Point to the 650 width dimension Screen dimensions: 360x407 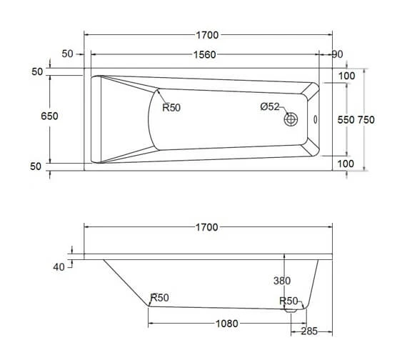click(x=49, y=116)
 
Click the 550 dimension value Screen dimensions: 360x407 click(x=346, y=120)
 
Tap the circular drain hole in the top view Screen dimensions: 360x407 click(x=292, y=119)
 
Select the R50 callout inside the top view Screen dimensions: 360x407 click(x=171, y=108)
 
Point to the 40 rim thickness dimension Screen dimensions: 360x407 click(x=59, y=266)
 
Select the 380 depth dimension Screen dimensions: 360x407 click(x=283, y=281)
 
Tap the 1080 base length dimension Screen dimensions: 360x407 click(x=226, y=324)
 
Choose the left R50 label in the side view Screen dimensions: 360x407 click(x=159, y=299)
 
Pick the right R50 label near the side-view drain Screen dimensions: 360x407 click(x=288, y=301)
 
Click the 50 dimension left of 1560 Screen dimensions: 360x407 click(x=69, y=55)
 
